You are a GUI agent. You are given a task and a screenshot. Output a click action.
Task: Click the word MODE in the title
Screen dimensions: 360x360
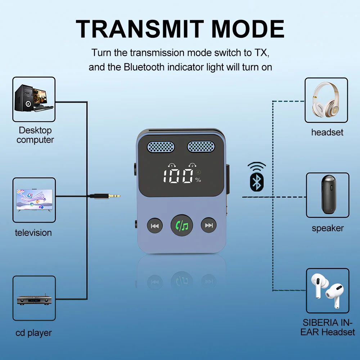tap(248, 29)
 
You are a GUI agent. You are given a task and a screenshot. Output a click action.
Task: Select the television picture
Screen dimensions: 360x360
tap(34, 200)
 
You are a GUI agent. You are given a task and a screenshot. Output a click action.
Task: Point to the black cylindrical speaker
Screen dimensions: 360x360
tap(328, 194)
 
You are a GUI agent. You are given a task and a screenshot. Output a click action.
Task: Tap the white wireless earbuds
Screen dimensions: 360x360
tap(327, 291)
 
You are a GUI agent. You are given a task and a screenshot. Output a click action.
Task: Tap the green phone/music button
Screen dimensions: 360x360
tap(181, 226)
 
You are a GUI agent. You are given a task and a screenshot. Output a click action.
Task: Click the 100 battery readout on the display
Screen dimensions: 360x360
tap(178, 176)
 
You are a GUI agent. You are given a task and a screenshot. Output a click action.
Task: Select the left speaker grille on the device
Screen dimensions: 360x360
tap(161, 147)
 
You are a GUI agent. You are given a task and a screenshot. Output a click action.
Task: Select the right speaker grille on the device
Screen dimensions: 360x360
tap(201, 147)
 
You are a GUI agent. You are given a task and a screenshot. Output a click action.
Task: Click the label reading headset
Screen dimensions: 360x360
tap(327, 132)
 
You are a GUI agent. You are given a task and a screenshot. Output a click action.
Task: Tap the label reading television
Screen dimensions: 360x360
tap(33, 233)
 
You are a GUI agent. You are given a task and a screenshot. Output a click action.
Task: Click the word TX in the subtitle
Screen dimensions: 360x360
tap(261, 53)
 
